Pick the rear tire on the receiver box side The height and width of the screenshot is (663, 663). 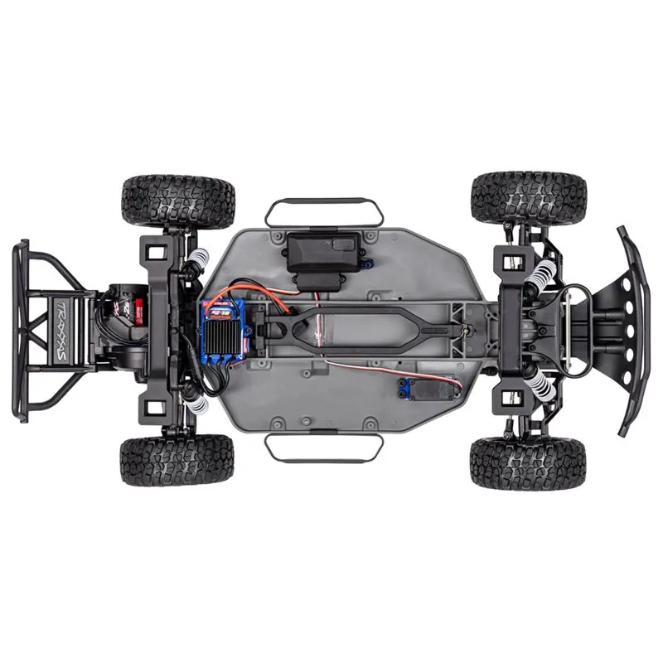click(178, 199)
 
